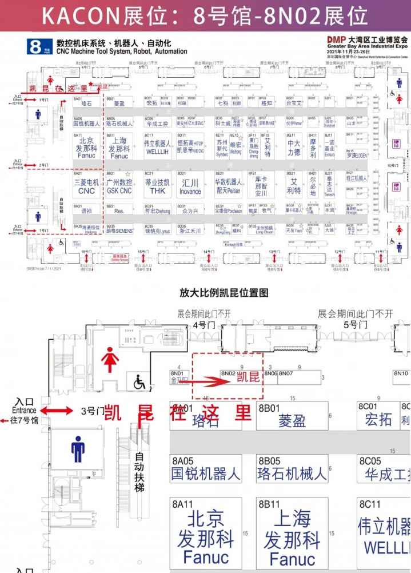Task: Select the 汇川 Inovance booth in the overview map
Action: click(189, 187)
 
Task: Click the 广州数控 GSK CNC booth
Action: click(119, 186)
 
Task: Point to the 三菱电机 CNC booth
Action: click(86, 186)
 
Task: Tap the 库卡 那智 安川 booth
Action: click(261, 186)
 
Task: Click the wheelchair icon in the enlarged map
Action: click(139, 383)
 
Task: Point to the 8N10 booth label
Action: click(401, 373)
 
